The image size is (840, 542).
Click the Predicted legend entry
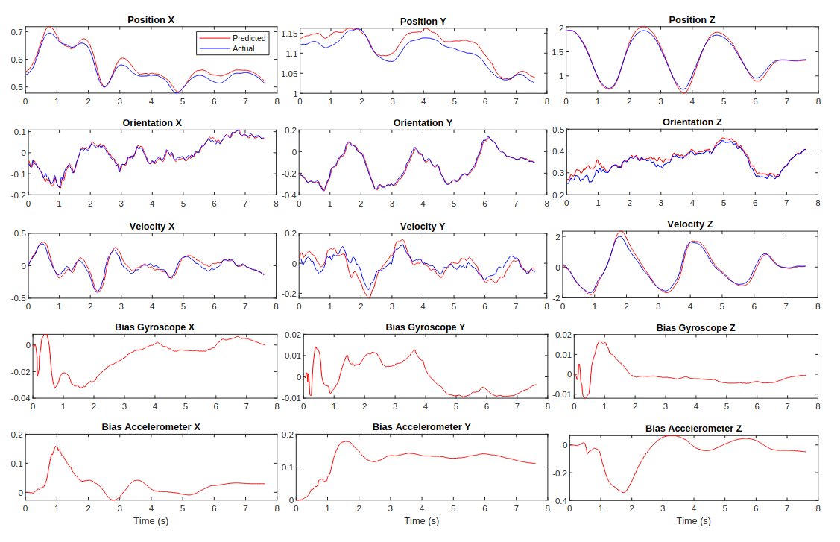pyautogui.click(x=248, y=38)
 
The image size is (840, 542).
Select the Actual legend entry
pyautogui.click(x=243, y=48)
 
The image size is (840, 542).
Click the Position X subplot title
pyautogui.click(x=151, y=20)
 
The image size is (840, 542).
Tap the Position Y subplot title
pyautogui.click(x=422, y=21)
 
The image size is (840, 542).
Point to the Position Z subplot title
pyautogui.click(x=693, y=19)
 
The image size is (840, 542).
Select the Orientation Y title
pyautogui.click(x=422, y=122)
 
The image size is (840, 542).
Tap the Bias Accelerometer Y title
pyautogui.click(x=422, y=426)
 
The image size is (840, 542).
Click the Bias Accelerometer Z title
pyautogui.click(x=693, y=429)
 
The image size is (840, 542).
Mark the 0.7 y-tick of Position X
pyautogui.click(x=16, y=32)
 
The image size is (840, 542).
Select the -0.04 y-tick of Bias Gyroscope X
pyautogui.click(x=16, y=398)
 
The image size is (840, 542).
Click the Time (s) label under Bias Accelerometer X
pyautogui.click(x=151, y=520)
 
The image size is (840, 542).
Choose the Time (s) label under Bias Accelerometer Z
pyautogui.click(x=693, y=520)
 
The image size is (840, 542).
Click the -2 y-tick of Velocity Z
pyautogui.click(x=558, y=298)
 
